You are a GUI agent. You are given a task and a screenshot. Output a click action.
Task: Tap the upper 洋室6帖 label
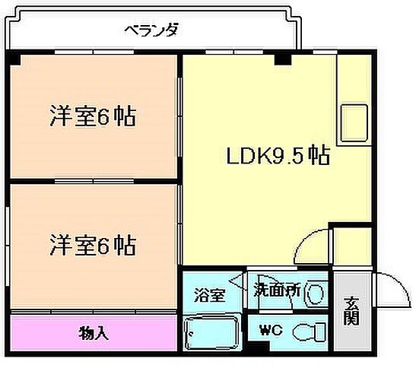(x=94, y=116)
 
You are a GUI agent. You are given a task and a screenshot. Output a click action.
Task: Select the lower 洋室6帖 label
(x=94, y=246)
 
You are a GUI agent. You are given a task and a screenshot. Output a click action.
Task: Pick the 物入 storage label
(x=94, y=332)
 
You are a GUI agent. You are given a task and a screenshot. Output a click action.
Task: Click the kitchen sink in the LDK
(x=353, y=122)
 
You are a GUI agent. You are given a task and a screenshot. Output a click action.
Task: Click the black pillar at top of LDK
(x=283, y=59)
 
